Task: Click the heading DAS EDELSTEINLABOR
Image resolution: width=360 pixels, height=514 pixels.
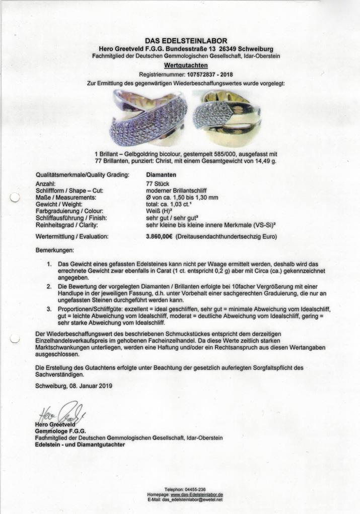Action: pyautogui.click(x=186, y=41)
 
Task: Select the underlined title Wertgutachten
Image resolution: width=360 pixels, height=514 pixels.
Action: pyautogui.click(x=186, y=65)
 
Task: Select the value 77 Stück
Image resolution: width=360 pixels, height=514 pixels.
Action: pyautogui.click(x=157, y=184)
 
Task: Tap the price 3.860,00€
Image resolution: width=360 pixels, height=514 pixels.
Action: pyautogui.click(x=159, y=236)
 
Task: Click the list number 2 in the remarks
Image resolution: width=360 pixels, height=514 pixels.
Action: pyautogui.click(x=49, y=286)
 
